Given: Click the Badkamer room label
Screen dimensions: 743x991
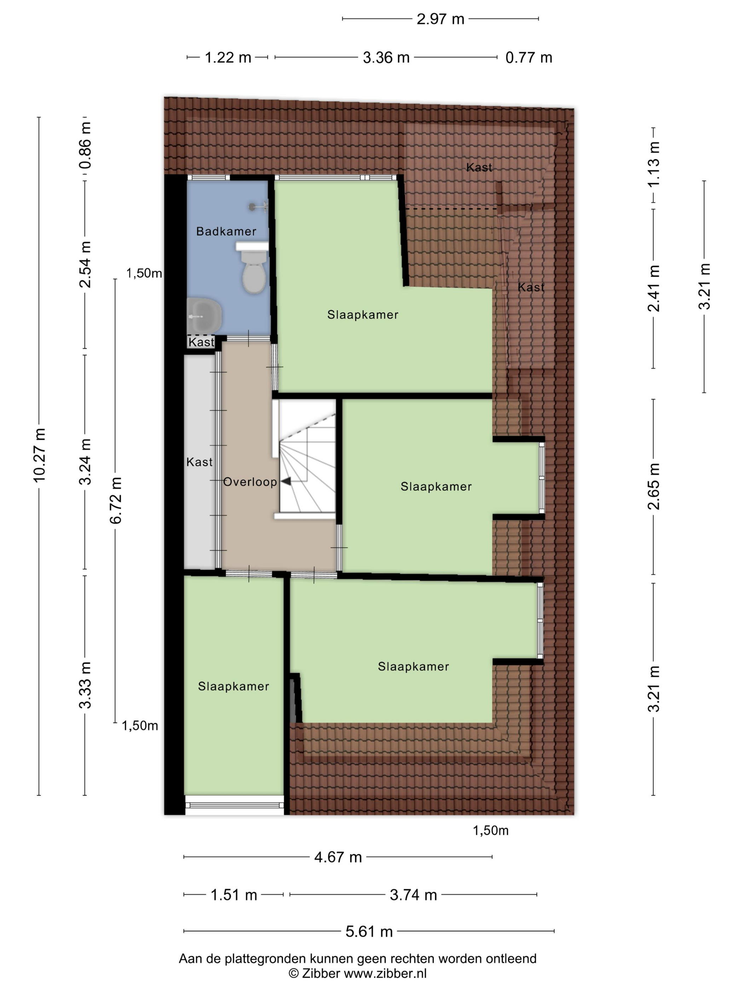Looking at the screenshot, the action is click(x=226, y=231).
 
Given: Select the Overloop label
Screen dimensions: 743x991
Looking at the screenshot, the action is click(x=250, y=482).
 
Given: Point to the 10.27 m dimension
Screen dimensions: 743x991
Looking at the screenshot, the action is click(x=39, y=455).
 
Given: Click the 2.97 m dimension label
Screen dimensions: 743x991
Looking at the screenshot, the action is click(x=440, y=19).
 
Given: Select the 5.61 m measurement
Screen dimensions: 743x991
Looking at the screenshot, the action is click(x=369, y=932).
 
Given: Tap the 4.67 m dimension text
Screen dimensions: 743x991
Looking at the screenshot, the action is click(x=338, y=857).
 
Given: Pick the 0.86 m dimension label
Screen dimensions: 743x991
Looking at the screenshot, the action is click(x=85, y=145).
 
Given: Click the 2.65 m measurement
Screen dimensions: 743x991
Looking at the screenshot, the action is click(x=653, y=487).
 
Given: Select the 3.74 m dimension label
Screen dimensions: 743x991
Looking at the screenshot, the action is click(x=413, y=895).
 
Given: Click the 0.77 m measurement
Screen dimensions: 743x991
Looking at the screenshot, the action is click(x=529, y=58).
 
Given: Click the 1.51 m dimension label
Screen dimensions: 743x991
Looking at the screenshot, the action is click(x=234, y=895).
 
